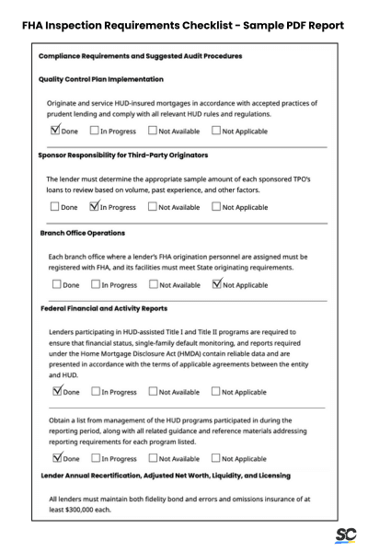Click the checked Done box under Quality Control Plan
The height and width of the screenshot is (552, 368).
[54, 130]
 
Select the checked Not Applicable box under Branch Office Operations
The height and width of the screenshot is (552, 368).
[217, 284]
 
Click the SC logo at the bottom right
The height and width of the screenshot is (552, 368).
[347, 534]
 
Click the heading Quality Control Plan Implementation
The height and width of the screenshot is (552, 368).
[101, 79]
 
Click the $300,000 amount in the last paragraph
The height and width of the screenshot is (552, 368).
[83, 509]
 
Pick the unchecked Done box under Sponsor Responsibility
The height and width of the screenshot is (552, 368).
[54, 207]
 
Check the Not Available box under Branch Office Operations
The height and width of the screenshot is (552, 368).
[154, 284]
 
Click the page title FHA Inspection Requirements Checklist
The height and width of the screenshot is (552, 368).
[135, 25]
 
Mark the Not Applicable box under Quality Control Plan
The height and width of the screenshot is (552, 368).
[217, 130]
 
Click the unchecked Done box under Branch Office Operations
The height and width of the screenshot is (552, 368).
[54, 284]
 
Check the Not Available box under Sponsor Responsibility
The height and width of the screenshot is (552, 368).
[154, 207]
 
